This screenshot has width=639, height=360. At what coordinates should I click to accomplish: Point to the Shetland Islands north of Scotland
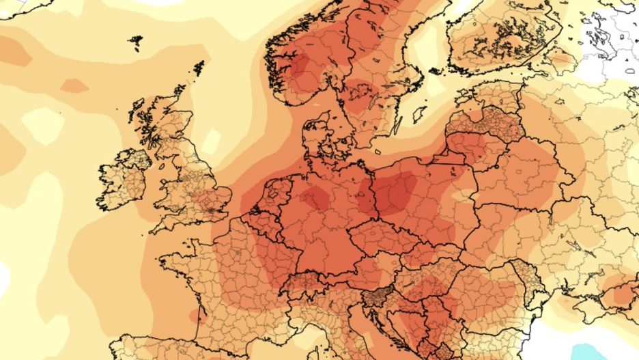click(199, 68)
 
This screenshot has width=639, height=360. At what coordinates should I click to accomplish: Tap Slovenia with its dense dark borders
click(376, 297)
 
